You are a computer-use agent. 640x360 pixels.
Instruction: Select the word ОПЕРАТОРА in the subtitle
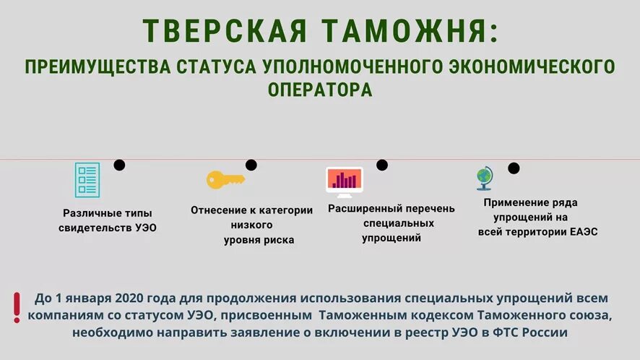click(x=320, y=90)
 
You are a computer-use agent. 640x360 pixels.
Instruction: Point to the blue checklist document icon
click(x=87, y=179)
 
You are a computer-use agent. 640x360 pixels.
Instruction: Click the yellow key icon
click(x=225, y=179)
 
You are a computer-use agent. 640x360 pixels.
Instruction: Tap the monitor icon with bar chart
click(x=344, y=181)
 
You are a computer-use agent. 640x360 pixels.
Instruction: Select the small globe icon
click(x=483, y=178)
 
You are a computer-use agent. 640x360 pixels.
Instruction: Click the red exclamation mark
click(x=17, y=307)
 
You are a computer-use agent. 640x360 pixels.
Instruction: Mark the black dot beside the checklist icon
click(x=120, y=165)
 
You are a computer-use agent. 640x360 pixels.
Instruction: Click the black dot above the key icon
click(x=251, y=165)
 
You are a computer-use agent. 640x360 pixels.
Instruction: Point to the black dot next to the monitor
click(x=382, y=165)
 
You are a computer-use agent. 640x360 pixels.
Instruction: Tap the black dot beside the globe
click(x=514, y=168)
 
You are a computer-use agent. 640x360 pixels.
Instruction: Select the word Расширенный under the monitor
click(x=360, y=209)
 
